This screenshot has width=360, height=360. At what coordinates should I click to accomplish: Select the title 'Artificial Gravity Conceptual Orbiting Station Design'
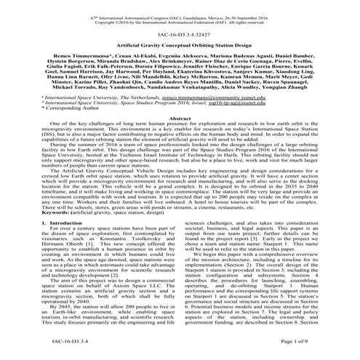[x=180, y=44]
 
